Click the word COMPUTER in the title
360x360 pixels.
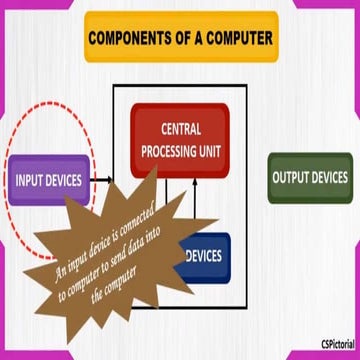pos(236,42)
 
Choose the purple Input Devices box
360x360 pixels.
pos(47,181)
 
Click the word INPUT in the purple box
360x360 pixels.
pos(31,181)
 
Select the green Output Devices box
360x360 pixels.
pos(310,179)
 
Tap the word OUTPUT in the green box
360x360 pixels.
pos(292,179)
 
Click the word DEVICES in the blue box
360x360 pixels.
pos(206,256)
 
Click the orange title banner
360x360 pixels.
pos(180,42)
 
